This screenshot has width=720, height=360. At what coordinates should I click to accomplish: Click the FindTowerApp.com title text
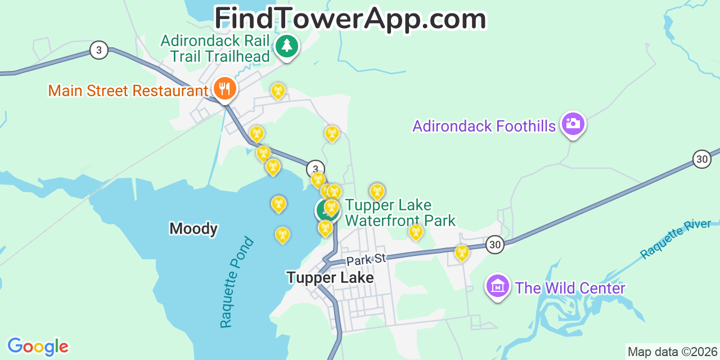(350, 19)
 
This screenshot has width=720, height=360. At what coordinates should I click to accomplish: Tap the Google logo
(38, 346)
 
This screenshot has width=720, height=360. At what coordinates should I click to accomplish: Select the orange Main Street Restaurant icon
(224, 89)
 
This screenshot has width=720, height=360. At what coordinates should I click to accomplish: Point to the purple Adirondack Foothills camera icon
(573, 123)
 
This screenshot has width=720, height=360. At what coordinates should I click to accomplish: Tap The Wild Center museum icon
(498, 286)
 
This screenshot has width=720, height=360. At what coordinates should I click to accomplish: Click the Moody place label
(193, 228)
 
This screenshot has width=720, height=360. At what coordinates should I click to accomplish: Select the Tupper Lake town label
(330, 277)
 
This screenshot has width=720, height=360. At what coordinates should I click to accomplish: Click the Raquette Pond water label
(236, 283)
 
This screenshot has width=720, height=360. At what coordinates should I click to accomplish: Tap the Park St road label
(366, 259)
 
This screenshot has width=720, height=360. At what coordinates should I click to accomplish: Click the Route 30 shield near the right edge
(701, 159)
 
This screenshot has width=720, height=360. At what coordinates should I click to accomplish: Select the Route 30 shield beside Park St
(494, 244)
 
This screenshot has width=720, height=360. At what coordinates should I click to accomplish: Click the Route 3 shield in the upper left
(98, 50)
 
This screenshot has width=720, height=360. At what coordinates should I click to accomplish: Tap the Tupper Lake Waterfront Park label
(399, 213)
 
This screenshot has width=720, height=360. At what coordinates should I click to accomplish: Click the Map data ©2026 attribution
(672, 352)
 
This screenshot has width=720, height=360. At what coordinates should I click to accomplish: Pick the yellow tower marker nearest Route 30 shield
(461, 253)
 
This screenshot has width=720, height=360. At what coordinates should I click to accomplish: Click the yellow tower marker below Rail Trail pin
(278, 90)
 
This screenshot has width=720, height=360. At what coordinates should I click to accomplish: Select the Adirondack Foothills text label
(484, 126)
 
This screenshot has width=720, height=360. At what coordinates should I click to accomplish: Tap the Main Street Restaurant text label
(128, 91)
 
